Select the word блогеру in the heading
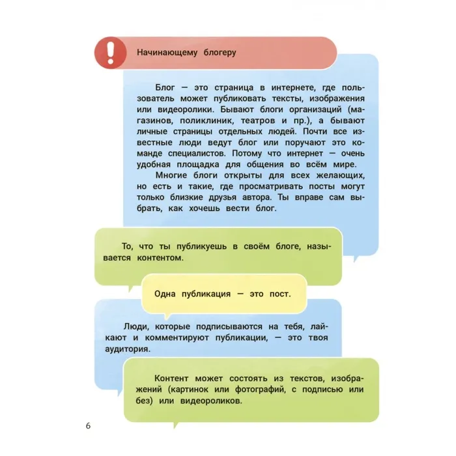click(x=220, y=52)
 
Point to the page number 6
click(x=88, y=426)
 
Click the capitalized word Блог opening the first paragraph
click(x=165, y=87)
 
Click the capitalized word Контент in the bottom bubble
click(x=173, y=378)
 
